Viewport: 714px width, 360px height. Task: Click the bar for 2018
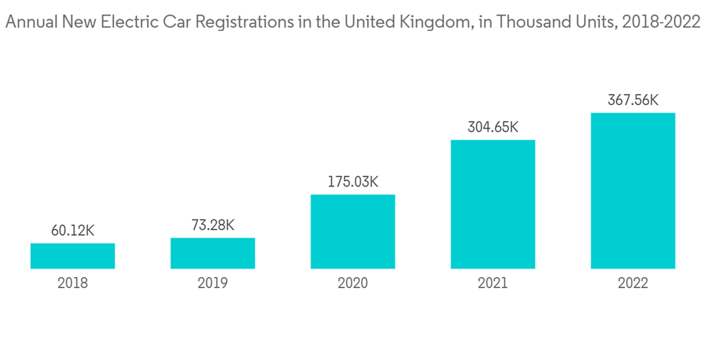point(73,256)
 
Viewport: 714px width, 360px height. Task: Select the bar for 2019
point(213,253)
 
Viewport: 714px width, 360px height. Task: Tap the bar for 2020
point(353,231)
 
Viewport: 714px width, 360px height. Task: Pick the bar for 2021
point(493,204)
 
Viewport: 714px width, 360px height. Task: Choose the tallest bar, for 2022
point(633,191)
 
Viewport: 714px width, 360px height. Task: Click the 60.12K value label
point(73,231)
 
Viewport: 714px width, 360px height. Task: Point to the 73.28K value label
point(213,225)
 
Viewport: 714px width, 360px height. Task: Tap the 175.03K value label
point(353,181)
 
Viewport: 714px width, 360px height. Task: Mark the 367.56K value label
point(633,100)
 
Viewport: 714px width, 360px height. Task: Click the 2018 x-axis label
point(73,283)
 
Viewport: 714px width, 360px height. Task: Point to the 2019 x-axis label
point(213,283)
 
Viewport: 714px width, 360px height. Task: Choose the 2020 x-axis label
point(353,283)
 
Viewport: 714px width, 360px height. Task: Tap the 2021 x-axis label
point(493,283)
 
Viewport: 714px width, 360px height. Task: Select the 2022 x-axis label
point(633,283)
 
